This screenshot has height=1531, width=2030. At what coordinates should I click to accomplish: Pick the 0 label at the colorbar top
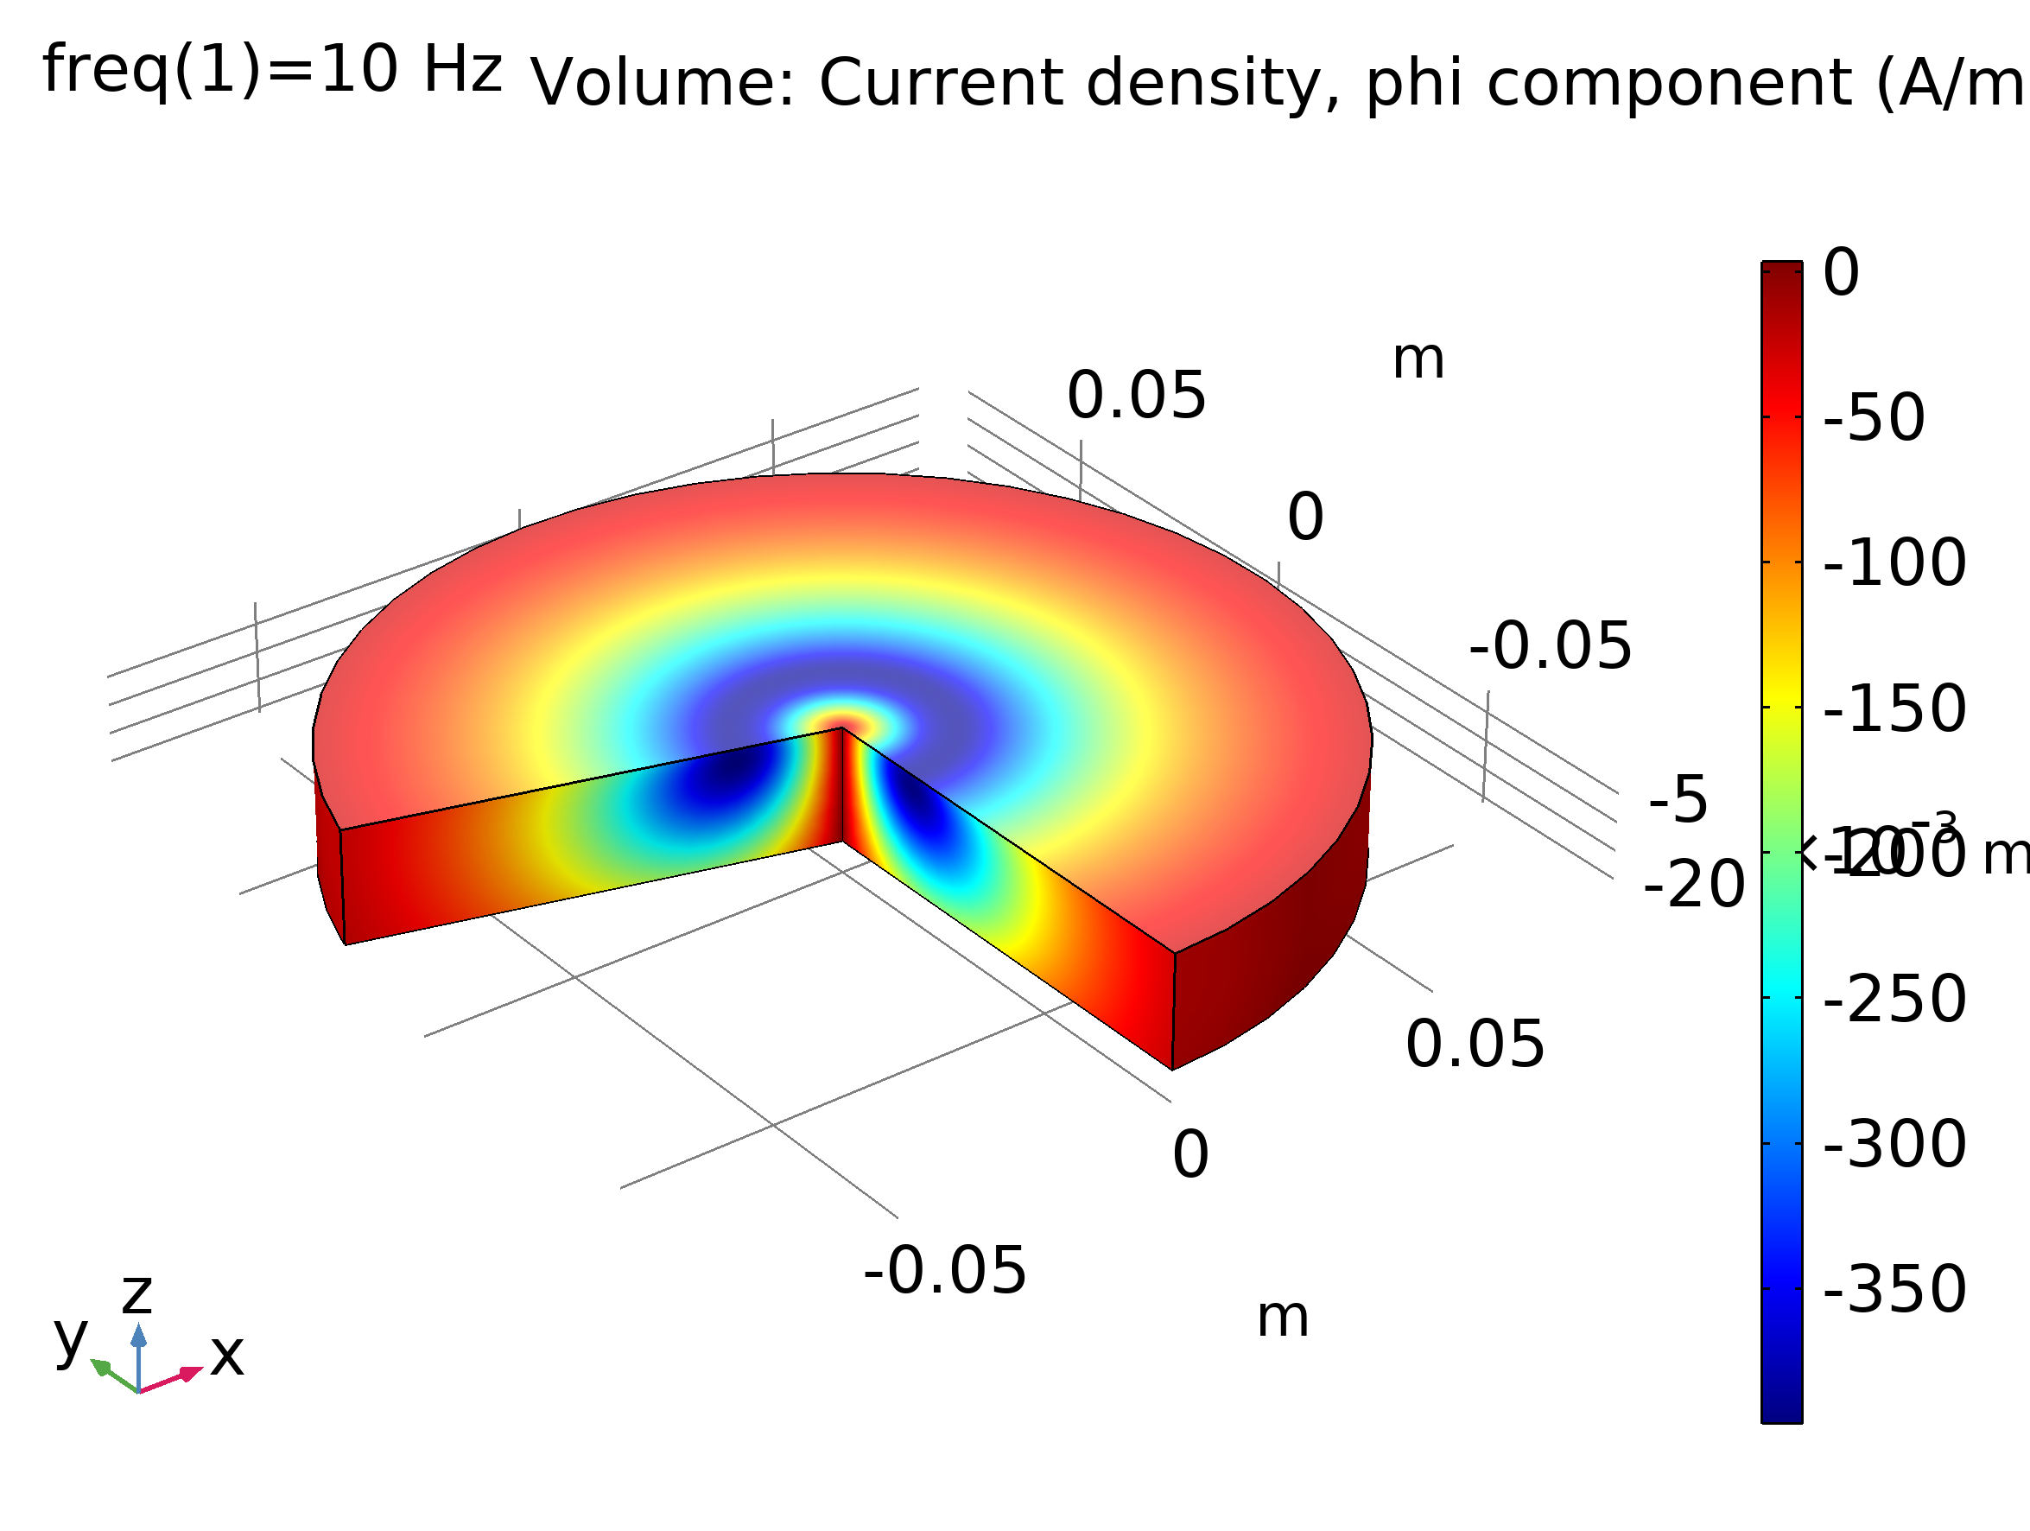pos(1841,274)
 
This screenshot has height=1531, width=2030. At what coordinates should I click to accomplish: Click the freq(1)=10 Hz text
pos(273,71)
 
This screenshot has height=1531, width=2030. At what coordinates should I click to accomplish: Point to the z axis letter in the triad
pos(136,1295)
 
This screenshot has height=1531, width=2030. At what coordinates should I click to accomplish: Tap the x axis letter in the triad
pos(226,1356)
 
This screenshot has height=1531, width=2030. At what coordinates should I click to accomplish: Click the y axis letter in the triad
pos(71,1338)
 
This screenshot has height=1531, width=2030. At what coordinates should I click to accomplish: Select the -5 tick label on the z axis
pos(1678,800)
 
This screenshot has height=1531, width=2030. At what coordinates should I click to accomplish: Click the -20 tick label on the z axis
pos(1694,886)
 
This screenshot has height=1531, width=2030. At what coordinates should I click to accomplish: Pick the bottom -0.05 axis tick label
pos(944,1272)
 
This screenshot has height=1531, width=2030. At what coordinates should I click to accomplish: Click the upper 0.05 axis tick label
pos(1136,397)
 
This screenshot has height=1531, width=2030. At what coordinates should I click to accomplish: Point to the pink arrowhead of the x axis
pos(190,1373)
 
